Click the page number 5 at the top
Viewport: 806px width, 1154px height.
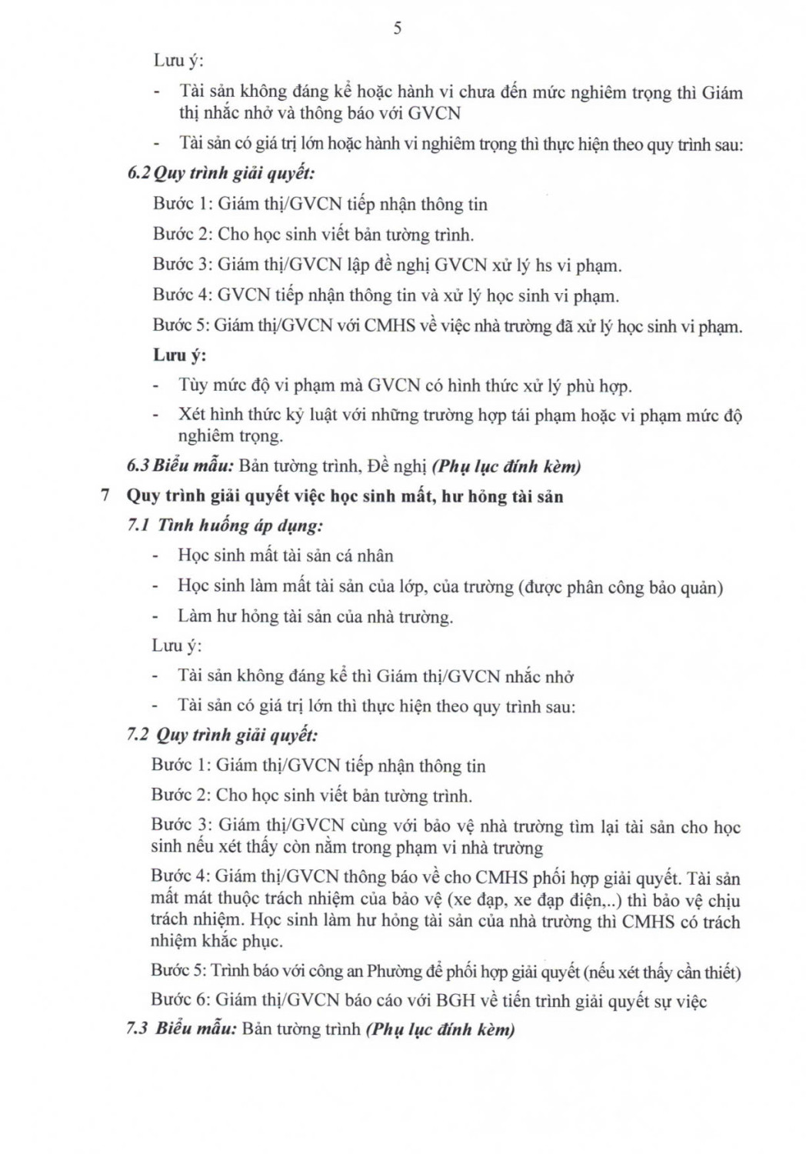[x=397, y=28]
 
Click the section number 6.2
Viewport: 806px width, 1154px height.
[x=139, y=172]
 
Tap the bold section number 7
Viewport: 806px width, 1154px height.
[x=106, y=495]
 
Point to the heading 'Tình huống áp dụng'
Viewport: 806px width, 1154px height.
[x=240, y=525]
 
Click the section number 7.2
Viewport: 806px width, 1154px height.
[x=138, y=735]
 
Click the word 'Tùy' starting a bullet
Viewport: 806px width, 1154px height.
[x=194, y=385]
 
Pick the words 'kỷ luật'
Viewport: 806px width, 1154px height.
[x=311, y=415]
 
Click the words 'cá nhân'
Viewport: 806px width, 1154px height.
[x=363, y=555]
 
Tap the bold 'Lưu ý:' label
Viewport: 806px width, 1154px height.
[x=179, y=355]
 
